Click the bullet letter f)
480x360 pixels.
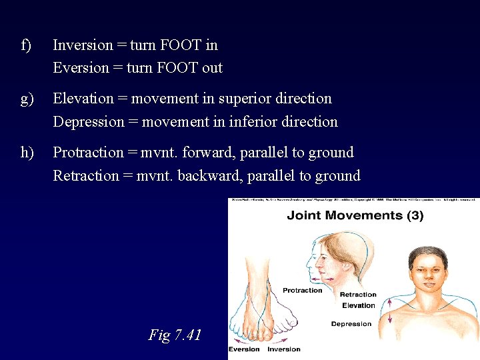pyautogui.click(x=27, y=45)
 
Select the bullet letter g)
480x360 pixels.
pyautogui.click(x=27, y=99)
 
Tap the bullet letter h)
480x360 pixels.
pyautogui.click(x=27, y=153)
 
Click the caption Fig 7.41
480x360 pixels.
pyautogui.click(x=175, y=335)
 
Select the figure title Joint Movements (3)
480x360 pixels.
pyautogui.click(x=355, y=215)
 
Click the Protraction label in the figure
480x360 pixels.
pyautogui.click(x=302, y=291)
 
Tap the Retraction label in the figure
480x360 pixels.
pyautogui.click(x=358, y=295)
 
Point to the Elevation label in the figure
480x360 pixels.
pyautogui.click(x=358, y=305)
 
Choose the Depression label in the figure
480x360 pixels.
pyautogui.click(x=351, y=324)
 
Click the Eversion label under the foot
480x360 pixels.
pyautogui.click(x=245, y=349)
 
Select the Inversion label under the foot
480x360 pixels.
pyautogui.click(x=284, y=349)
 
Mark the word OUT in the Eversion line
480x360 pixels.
pyautogui.click(x=211, y=68)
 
